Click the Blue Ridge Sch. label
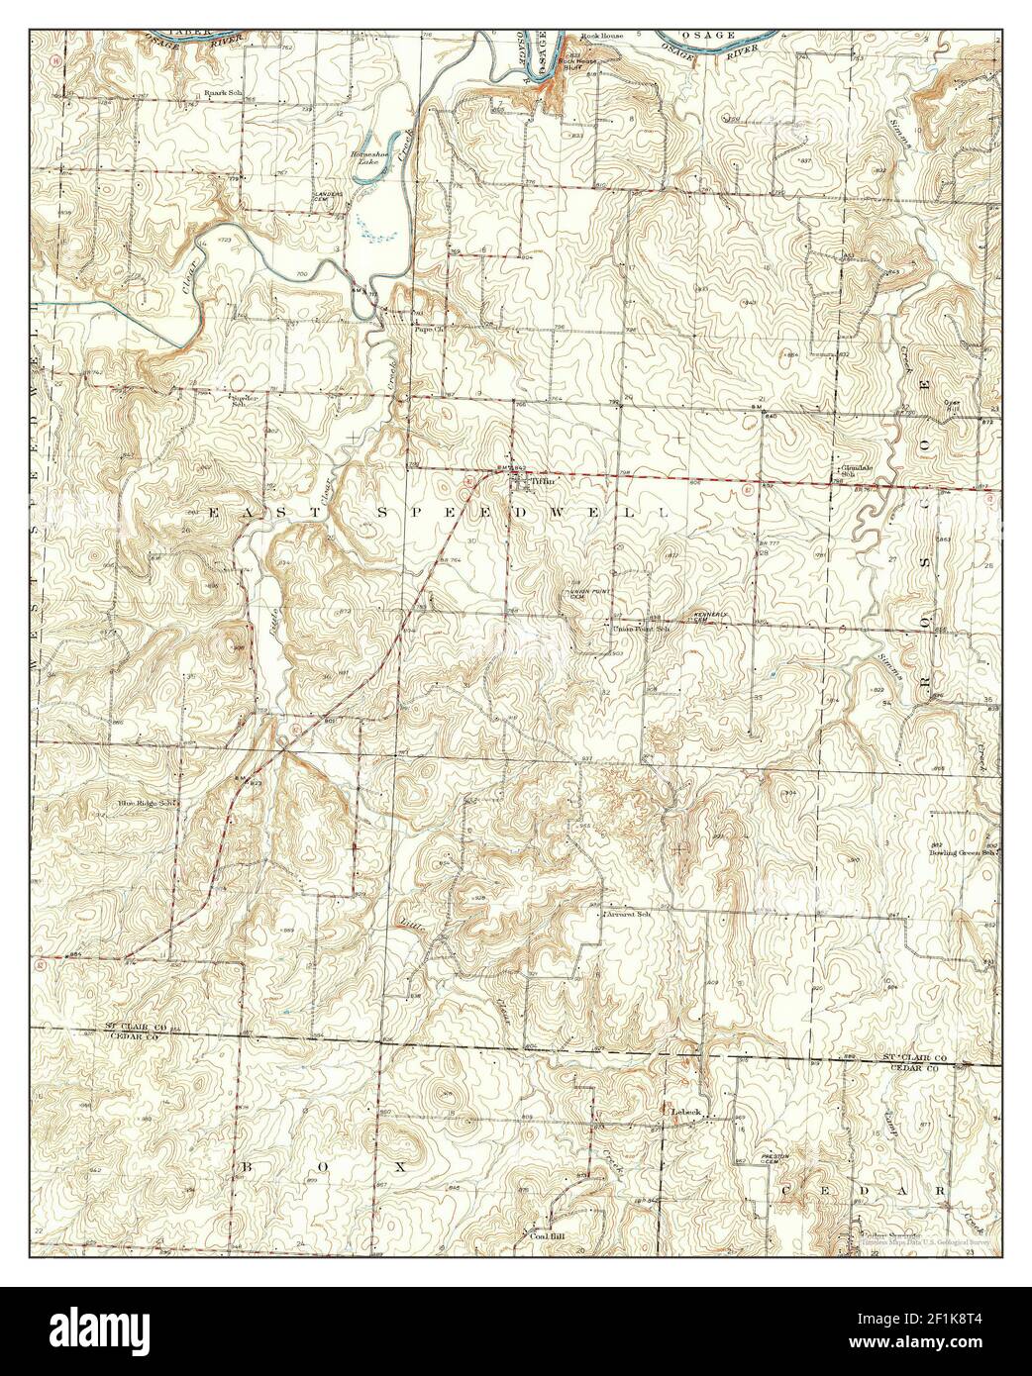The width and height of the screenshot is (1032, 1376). [148, 803]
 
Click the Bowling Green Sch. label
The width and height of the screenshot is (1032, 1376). [961, 851]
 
